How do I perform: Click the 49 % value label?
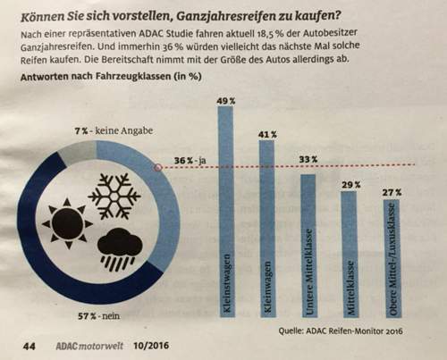click(x=228, y=101)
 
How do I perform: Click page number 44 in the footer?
click(x=30, y=343)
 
